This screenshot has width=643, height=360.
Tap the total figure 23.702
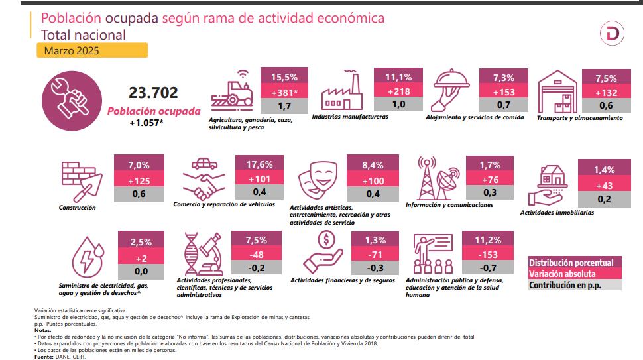[x=154, y=93]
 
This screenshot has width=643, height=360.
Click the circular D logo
[x=611, y=34]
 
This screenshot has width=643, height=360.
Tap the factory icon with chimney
[x=342, y=93]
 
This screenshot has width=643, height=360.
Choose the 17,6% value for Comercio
[x=259, y=164]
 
